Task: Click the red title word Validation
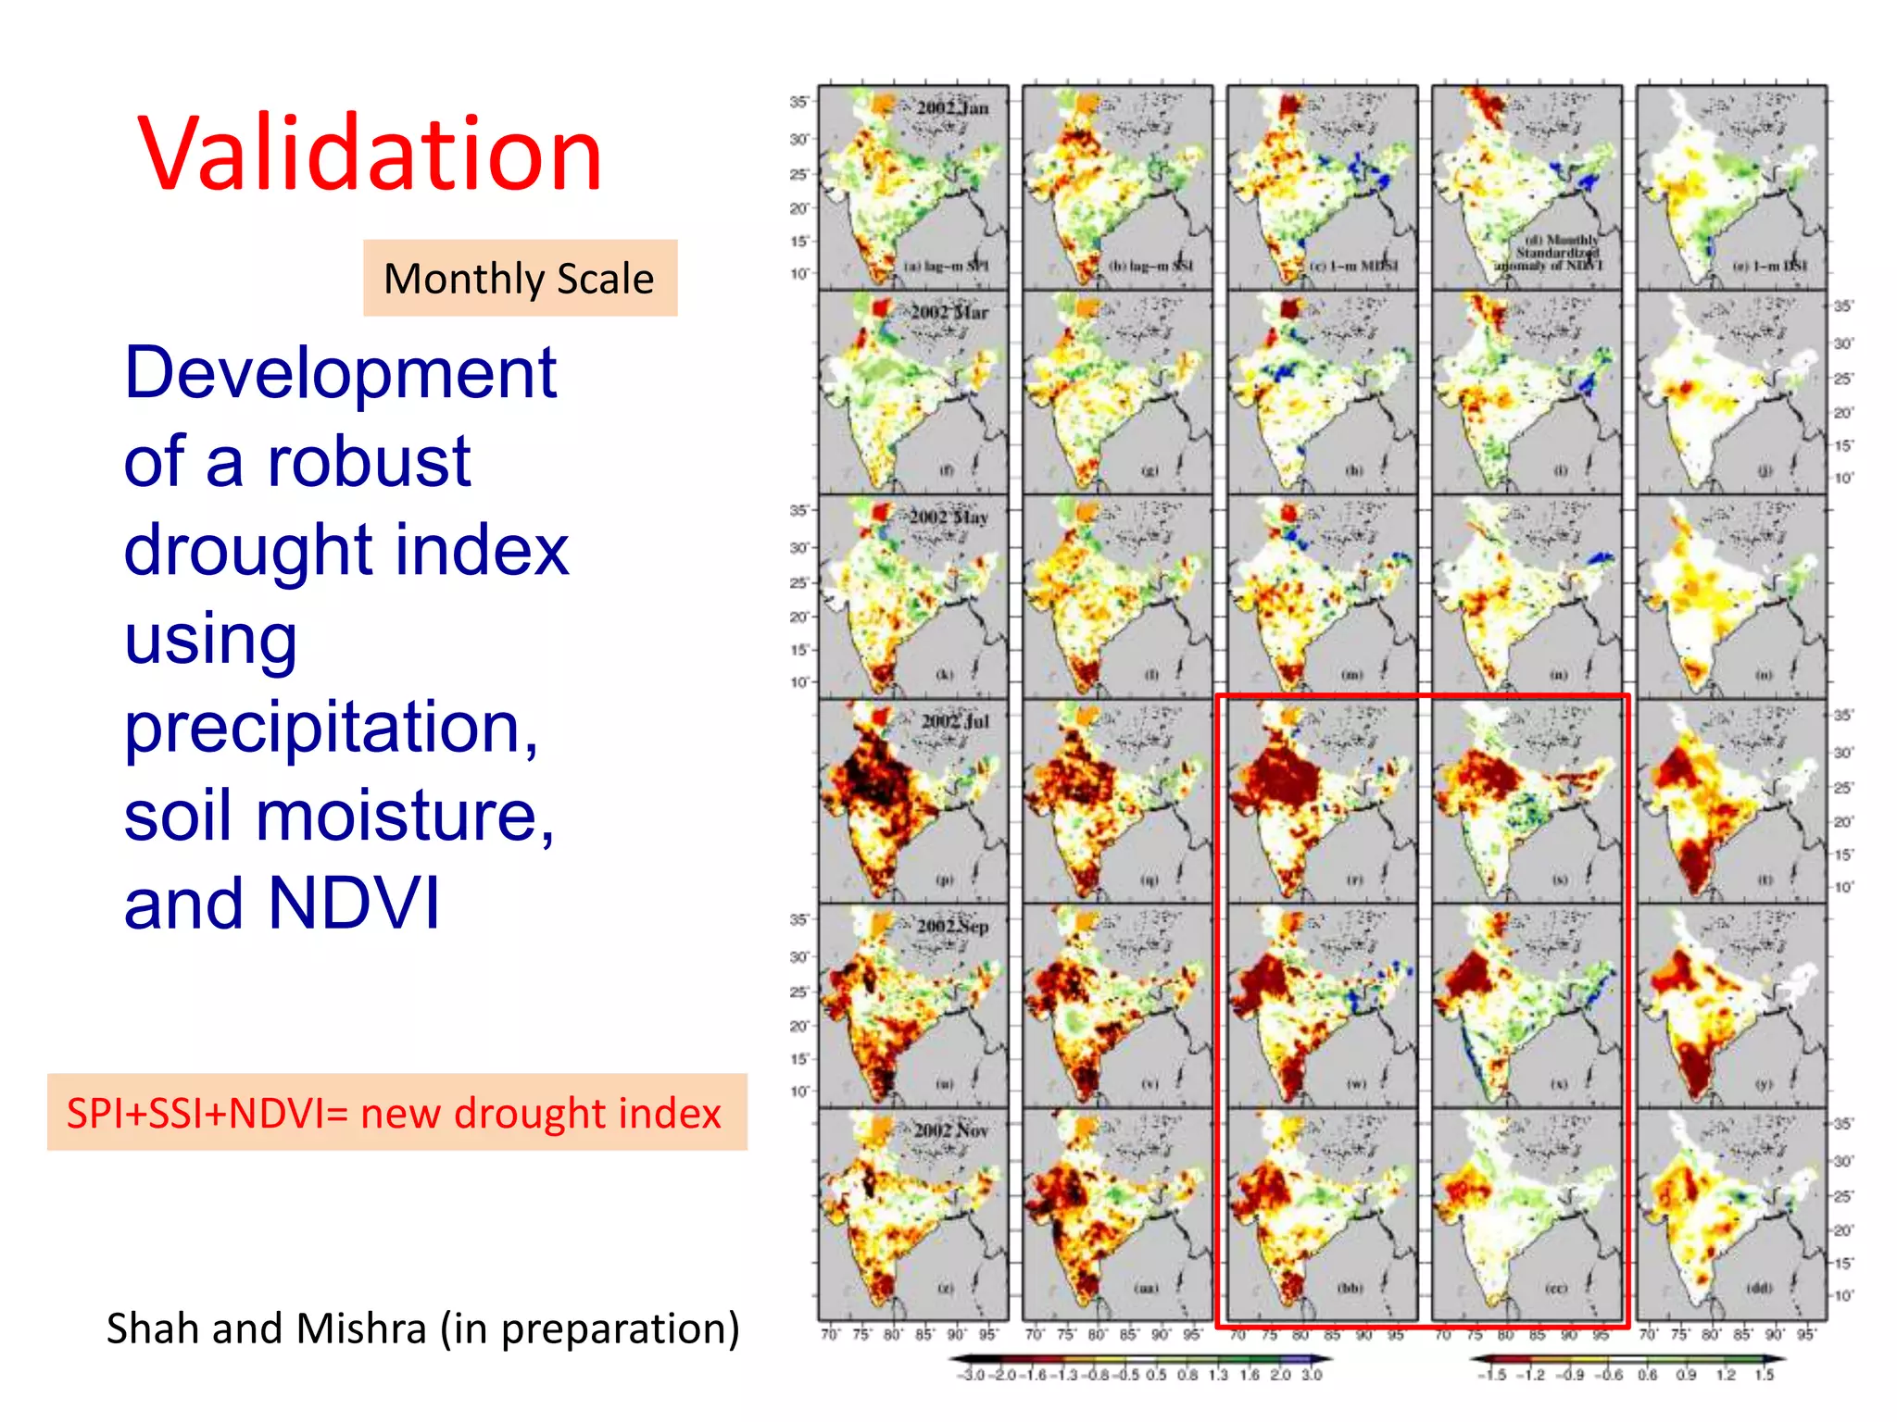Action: [371, 154]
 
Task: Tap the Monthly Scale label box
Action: [520, 279]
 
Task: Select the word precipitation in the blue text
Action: [331, 727]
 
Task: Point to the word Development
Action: [340, 373]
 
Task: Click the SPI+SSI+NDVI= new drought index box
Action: [396, 1113]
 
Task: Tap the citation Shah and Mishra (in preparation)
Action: [422, 1328]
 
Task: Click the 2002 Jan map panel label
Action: [952, 107]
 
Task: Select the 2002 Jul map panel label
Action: [955, 720]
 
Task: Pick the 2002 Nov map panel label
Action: [951, 1130]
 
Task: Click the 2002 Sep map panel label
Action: [952, 926]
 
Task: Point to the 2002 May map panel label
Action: [948, 517]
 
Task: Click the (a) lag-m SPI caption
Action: [946, 267]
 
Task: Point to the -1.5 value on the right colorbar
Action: [1494, 1376]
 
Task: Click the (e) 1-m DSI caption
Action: [1769, 267]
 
